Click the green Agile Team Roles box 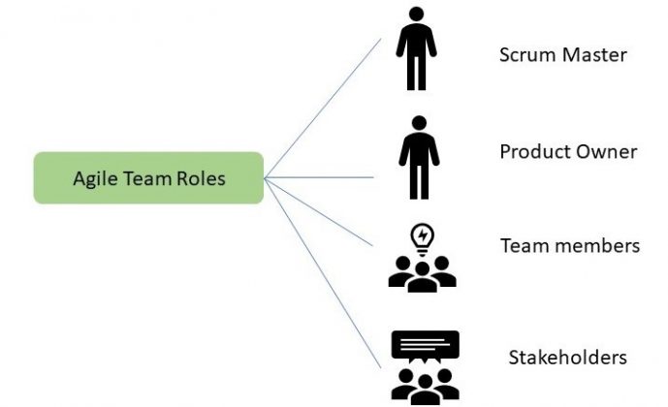148,178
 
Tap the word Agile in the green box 91,179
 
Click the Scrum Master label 562,54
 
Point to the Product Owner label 568,152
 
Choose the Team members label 569,246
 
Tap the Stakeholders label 567,358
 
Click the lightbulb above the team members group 423,236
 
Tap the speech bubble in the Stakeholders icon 424,345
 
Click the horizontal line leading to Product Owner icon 320,177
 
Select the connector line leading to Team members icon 320,212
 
